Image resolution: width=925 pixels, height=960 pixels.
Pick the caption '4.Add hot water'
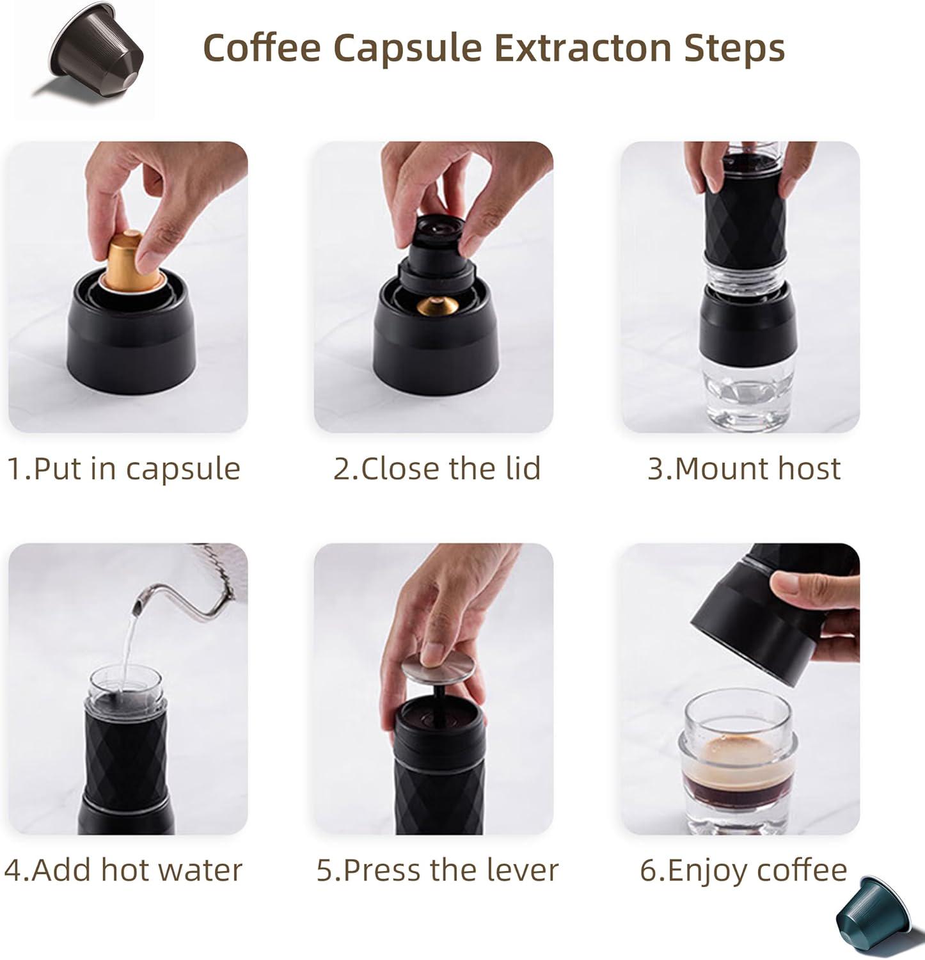tap(123, 870)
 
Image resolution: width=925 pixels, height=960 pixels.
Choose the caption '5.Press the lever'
tap(438, 870)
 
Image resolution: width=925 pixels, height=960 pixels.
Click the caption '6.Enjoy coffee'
tap(743, 871)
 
